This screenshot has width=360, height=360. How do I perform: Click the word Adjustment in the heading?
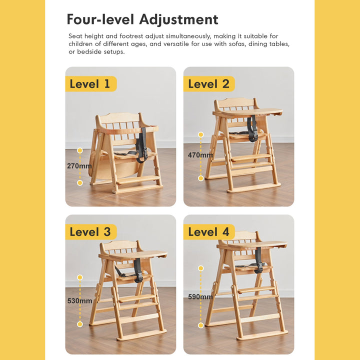coord(179,19)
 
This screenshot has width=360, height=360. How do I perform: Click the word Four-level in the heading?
coord(100,19)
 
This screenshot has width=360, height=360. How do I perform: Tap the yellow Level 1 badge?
coord(91,84)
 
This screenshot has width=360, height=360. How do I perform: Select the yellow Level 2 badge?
coord(209,84)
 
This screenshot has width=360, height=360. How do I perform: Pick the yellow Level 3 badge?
coord(91,232)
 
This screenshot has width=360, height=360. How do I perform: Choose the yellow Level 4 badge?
coord(209,232)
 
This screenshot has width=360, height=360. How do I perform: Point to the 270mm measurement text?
coord(79,166)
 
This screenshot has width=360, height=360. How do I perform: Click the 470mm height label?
coord(200,155)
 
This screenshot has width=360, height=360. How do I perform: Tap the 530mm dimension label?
coord(79,301)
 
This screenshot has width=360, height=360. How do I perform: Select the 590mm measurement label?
coord(200,297)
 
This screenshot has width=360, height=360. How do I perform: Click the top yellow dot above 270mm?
coord(80,150)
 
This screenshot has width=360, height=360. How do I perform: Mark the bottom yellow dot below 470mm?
coord(201,178)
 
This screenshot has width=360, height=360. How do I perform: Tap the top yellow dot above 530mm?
coord(80,277)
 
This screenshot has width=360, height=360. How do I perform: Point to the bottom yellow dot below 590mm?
coord(201,325)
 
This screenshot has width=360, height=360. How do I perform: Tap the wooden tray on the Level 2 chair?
coord(247,112)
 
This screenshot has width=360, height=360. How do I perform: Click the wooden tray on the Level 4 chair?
coord(251,245)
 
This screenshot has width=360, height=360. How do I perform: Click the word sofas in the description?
coord(237,44)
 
